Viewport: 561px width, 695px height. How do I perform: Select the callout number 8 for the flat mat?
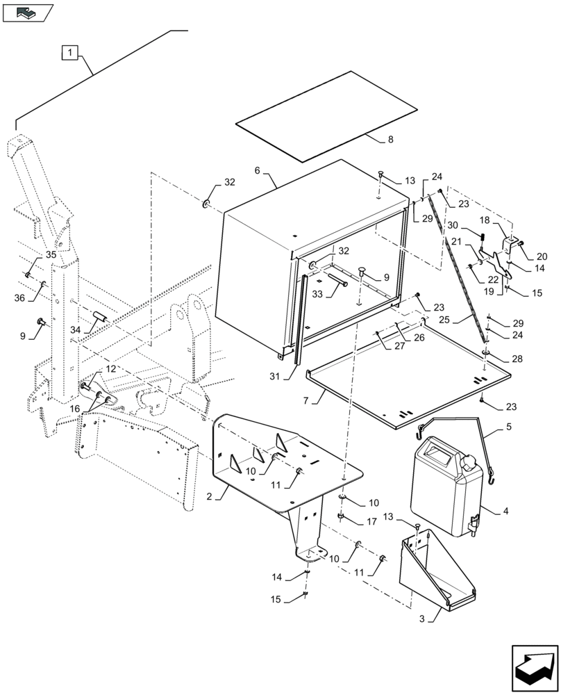[x=390, y=140]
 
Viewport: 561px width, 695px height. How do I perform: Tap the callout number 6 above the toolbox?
[x=258, y=170]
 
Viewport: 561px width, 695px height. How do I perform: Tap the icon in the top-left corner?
[x=28, y=11]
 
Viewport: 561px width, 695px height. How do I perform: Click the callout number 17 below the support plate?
[x=371, y=521]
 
